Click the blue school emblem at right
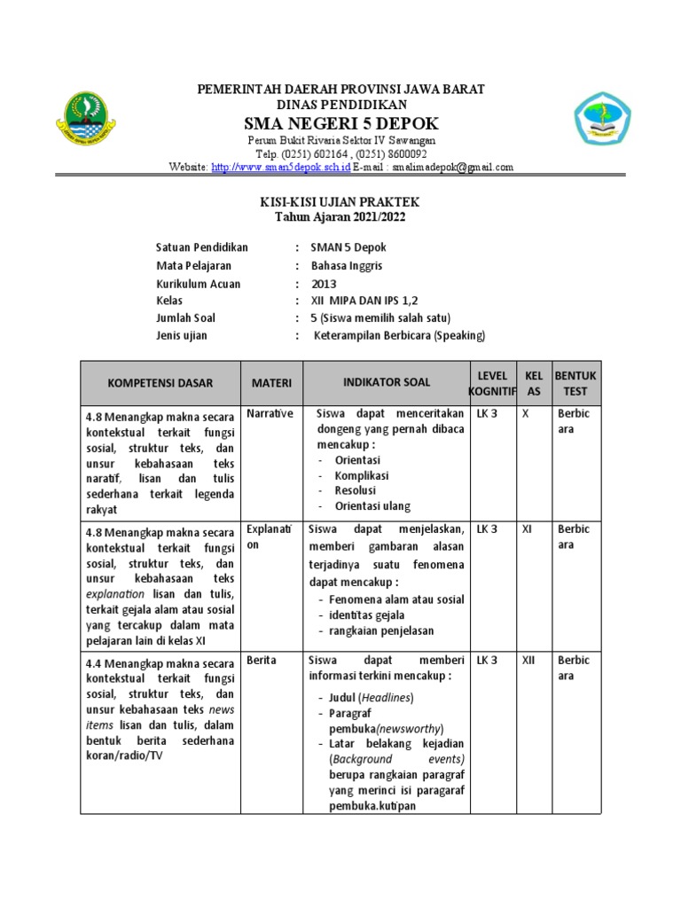click(601, 121)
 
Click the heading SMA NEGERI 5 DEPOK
click(340, 122)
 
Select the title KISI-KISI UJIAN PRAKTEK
click(340, 203)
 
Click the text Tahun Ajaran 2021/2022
click(340, 217)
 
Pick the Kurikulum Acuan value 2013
click(325, 284)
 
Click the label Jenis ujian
click(185, 335)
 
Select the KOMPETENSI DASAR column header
click(160, 383)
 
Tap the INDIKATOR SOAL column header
click(387, 382)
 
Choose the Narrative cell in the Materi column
click(270, 414)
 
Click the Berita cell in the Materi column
click(261, 660)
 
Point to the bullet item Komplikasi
click(361, 475)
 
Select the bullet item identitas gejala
click(367, 615)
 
